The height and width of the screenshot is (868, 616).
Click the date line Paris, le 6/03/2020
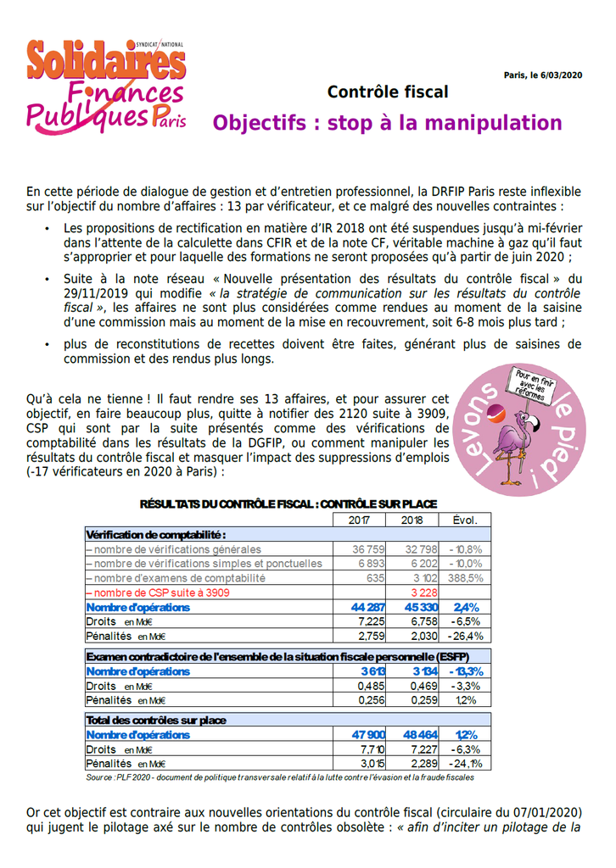(x=542, y=75)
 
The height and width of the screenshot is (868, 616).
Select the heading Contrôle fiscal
(x=387, y=92)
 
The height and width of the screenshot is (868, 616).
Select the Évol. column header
(x=465, y=520)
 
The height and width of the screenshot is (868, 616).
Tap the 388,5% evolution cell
(x=466, y=578)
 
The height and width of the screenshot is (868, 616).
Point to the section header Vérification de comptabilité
(x=155, y=535)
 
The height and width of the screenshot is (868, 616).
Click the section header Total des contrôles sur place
(x=155, y=720)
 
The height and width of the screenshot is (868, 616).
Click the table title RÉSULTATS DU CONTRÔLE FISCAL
(x=288, y=504)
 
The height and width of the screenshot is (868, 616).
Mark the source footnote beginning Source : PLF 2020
(x=280, y=776)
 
